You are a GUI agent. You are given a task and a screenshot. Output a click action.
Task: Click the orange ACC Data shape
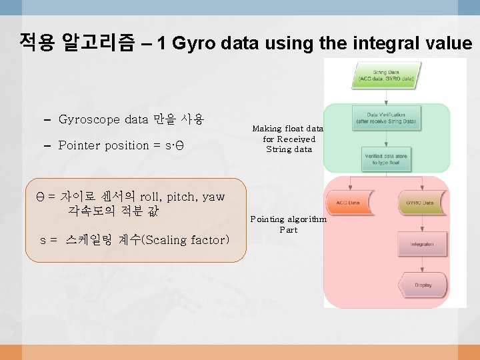click(348, 202)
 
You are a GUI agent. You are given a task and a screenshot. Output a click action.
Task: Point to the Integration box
click(423, 244)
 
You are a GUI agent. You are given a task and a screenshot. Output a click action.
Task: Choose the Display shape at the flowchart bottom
click(423, 285)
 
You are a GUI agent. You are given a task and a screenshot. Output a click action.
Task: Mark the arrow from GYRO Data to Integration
click(423, 223)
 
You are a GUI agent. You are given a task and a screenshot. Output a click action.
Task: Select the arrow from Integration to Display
click(423, 264)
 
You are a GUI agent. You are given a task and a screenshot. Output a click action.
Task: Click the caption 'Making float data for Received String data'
click(287, 139)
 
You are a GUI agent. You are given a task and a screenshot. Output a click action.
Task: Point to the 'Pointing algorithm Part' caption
click(288, 224)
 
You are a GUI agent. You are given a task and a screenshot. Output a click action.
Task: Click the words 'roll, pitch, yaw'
click(182, 197)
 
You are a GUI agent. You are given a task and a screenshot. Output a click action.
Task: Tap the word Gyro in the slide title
click(199, 44)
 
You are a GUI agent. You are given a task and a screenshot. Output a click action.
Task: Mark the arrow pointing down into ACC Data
click(348, 184)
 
